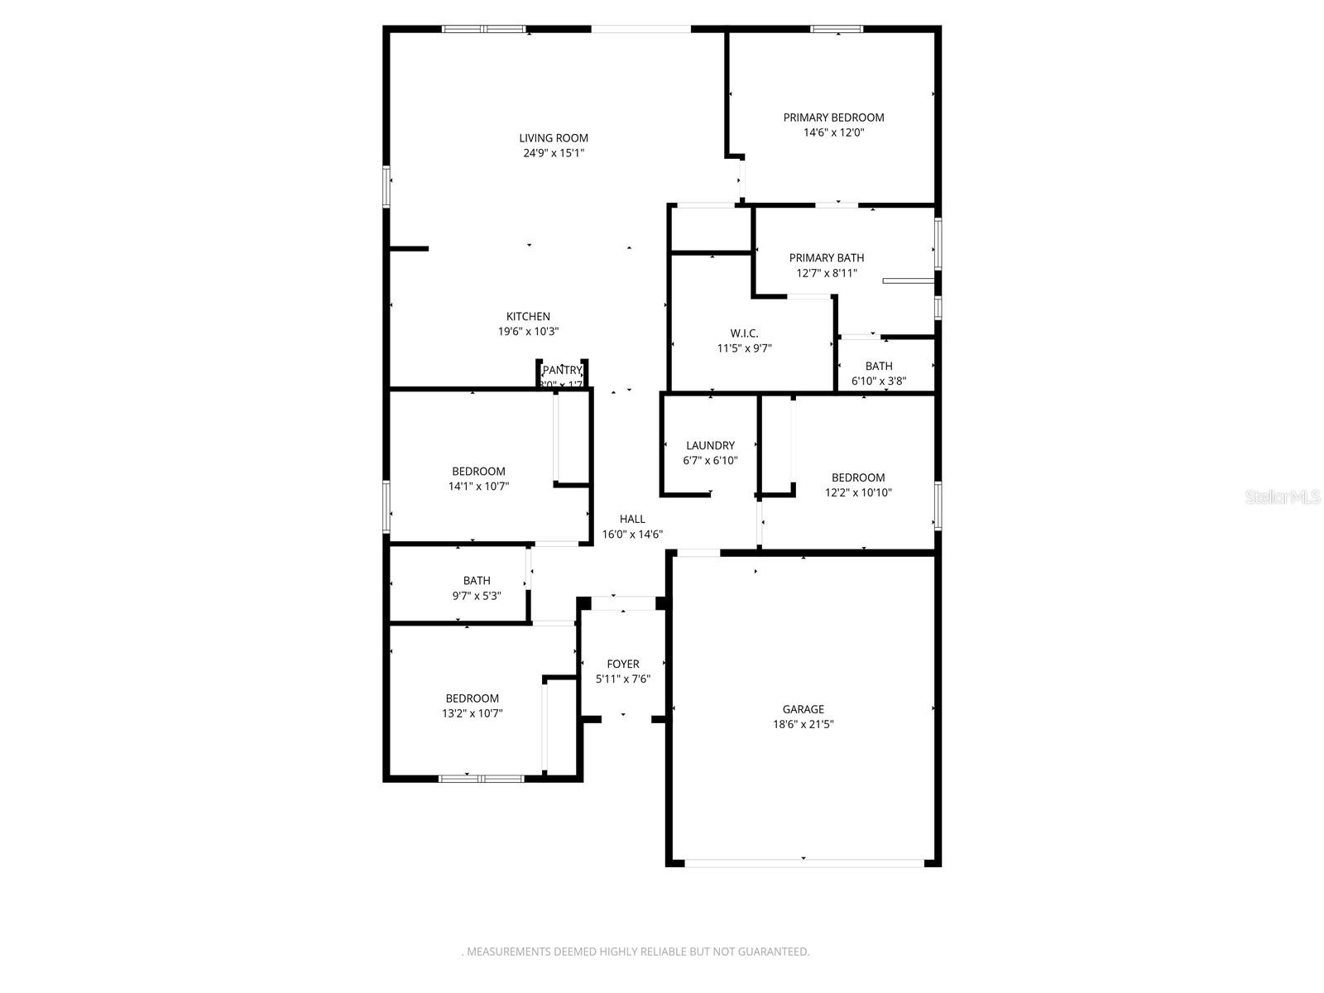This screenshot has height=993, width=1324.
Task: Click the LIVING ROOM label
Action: pyautogui.click(x=554, y=138)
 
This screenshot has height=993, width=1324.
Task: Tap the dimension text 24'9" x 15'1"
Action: pyautogui.click(x=554, y=153)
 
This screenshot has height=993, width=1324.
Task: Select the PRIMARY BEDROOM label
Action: pyautogui.click(x=833, y=118)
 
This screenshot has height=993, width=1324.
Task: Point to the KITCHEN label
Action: pyautogui.click(x=528, y=316)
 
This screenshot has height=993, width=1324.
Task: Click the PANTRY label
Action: pyautogui.click(x=562, y=370)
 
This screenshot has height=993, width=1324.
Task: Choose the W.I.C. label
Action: pyautogui.click(x=744, y=333)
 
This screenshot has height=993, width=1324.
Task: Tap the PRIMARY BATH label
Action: pyautogui.click(x=826, y=258)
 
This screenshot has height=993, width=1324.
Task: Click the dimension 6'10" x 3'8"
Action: pyautogui.click(x=879, y=381)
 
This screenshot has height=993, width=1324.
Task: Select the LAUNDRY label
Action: pyautogui.click(x=710, y=445)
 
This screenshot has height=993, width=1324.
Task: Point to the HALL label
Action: pyautogui.click(x=632, y=519)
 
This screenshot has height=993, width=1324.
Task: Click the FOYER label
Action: pyautogui.click(x=622, y=664)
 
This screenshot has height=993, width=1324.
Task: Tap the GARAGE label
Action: pyautogui.click(x=803, y=709)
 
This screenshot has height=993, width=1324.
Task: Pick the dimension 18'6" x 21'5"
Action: pyautogui.click(x=803, y=724)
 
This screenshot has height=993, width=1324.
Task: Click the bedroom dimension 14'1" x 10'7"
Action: pyautogui.click(x=478, y=487)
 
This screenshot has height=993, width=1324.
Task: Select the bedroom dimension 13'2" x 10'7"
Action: pyautogui.click(x=472, y=713)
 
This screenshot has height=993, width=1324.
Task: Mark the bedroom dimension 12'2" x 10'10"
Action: pyautogui.click(x=858, y=492)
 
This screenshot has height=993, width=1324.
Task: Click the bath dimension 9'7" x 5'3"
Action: pyautogui.click(x=477, y=596)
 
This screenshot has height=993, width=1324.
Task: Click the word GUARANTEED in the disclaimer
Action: pyautogui.click(x=770, y=952)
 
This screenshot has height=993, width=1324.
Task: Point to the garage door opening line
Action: pyautogui.click(x=804, y=863)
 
